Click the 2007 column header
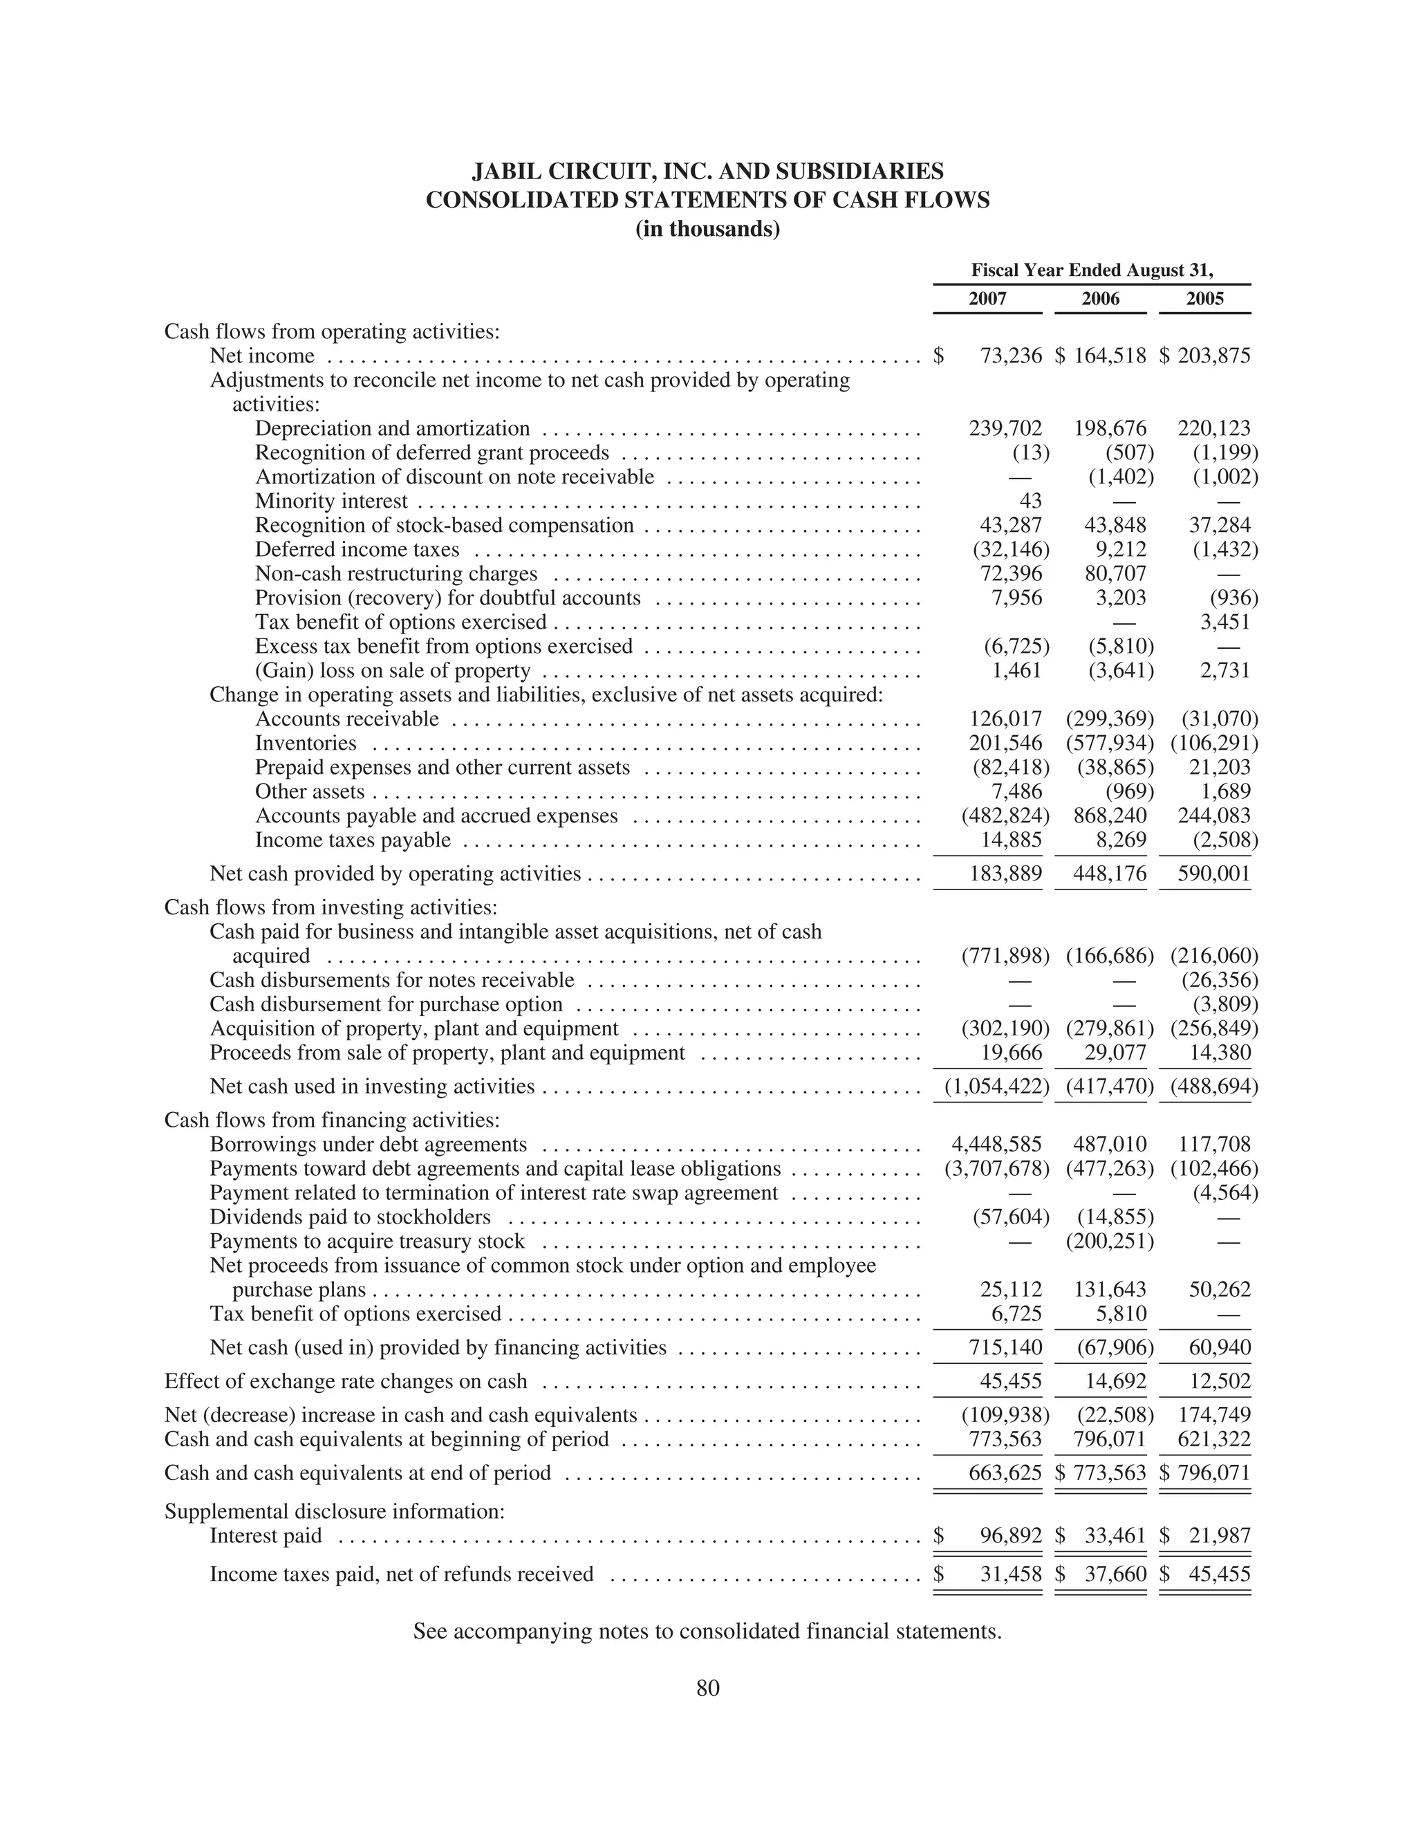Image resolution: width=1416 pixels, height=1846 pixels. click(987, 298)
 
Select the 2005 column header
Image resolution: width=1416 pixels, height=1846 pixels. click(1204, 298)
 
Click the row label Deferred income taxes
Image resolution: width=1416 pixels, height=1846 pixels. click(357, 551)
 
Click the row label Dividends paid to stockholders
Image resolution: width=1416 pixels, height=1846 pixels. click(350, 1217)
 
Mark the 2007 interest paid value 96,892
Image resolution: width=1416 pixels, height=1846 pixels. click(1011, 1536)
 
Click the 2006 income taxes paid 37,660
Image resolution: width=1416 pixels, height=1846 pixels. click(1115, 1575)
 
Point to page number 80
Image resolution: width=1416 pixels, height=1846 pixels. click(708, 1688)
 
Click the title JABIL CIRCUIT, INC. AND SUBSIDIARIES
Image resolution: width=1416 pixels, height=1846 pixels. click(708, 172)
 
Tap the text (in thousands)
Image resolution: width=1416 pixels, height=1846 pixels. click(708, 229)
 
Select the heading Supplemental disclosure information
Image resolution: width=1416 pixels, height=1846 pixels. click(334, 1511)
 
